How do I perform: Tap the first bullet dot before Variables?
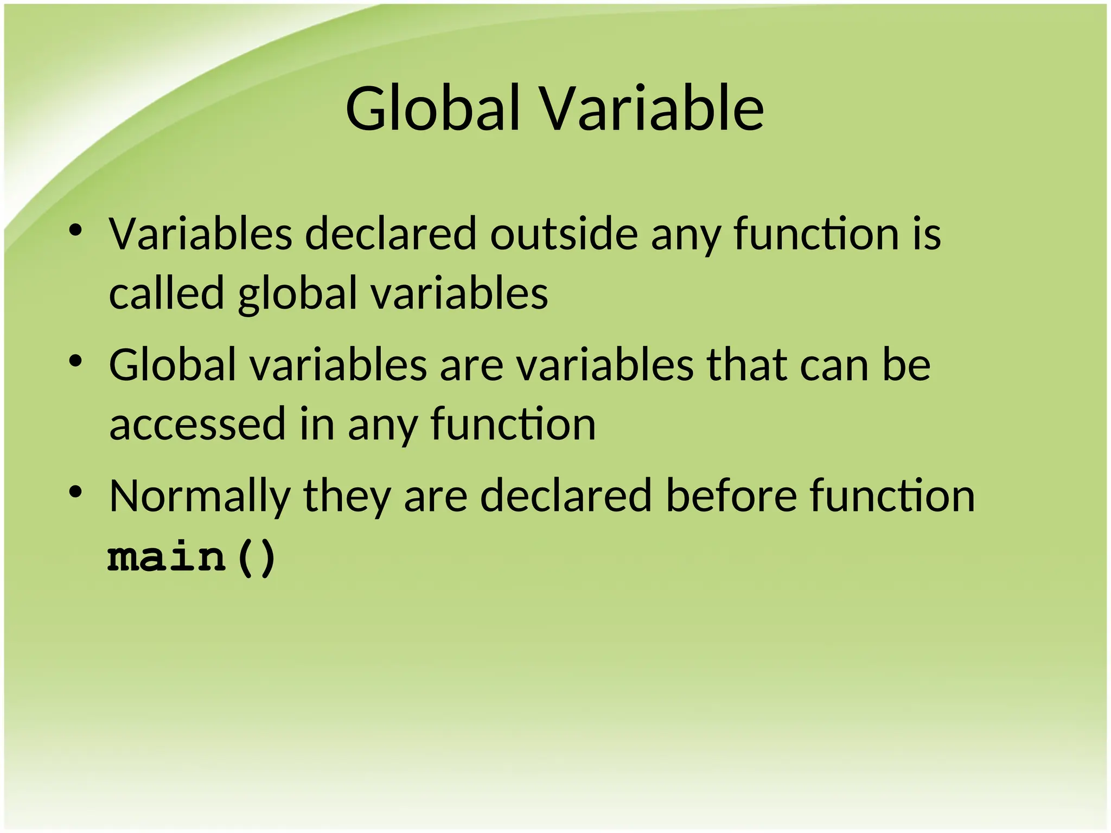point(75,230)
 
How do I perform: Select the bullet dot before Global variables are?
point(75,361)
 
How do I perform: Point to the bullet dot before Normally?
point(75,492)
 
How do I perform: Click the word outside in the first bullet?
point(564,234)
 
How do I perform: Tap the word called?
point(167,293)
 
